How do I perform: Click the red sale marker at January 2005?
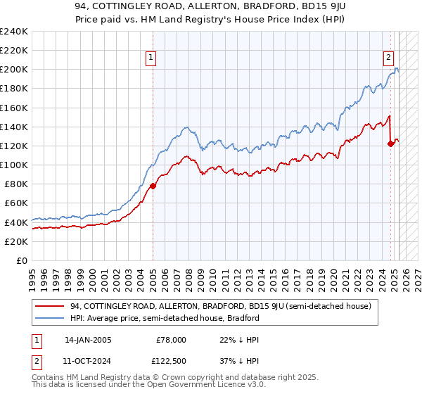(153, 186)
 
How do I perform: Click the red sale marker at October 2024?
(391, 144)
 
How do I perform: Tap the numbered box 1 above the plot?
(151, 58)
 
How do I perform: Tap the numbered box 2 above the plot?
(388, 58)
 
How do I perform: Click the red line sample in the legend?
(49, 306)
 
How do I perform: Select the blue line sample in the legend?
(49, 318)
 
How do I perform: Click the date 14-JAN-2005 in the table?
(87, 339)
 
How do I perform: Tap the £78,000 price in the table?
(171, 339)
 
